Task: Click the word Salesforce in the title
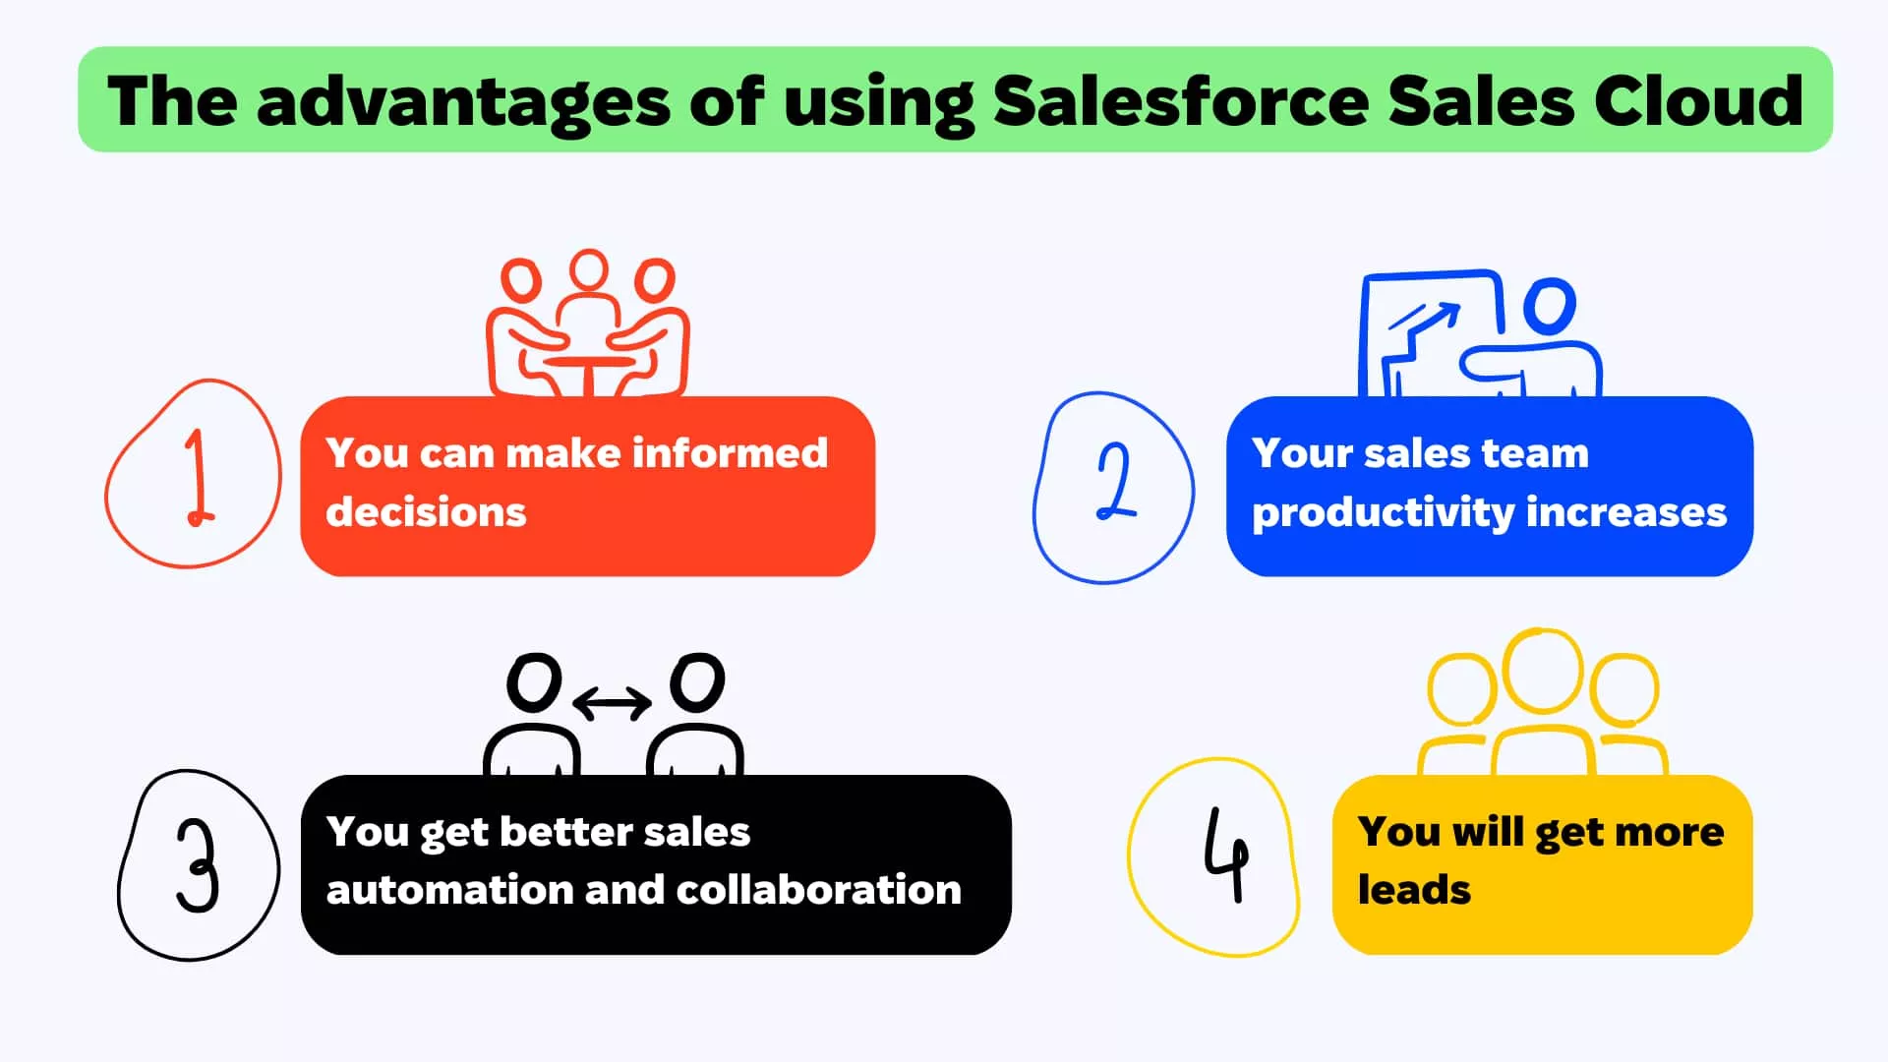(x=1180, y=100)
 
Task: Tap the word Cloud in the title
(x=1698, y=100)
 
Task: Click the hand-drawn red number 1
(x=199, y=477)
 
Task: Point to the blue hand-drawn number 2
(x=1116, y=481)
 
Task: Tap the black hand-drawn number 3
(x=198, y=865)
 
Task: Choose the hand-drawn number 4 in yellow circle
(x=1226, y=854)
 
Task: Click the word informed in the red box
(x=730, y=452)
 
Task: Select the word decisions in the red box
(x=426, y=511)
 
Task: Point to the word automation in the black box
(x=449, y=890)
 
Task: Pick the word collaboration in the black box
(x=818, y=889)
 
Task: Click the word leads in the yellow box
(x=1414, y=889)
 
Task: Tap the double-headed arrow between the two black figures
(x=612, y=703)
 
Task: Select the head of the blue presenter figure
(x=1550, y=306)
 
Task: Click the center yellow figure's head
(x=1544, y=671)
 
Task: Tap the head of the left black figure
(x=534, y=682)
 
